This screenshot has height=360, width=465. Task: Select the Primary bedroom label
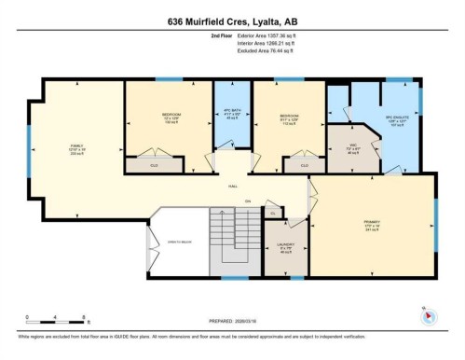coord(372,225)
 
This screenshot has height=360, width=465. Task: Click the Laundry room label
coord(286,250)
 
